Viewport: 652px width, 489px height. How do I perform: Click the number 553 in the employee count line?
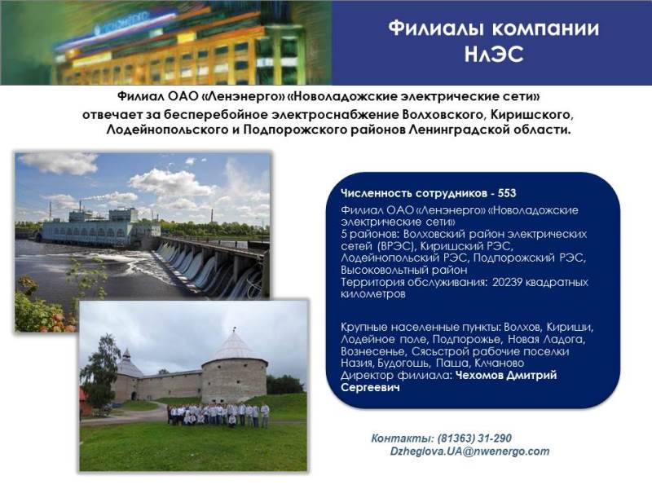507,193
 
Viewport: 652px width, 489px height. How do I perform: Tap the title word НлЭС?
494,55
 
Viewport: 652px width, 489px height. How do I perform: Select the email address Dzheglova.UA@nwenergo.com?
469,452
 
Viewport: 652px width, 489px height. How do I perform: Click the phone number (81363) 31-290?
474,438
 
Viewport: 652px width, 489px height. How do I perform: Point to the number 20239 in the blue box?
507,282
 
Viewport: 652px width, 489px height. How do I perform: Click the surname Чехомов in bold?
478,376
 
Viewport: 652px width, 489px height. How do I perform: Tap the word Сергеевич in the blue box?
370,388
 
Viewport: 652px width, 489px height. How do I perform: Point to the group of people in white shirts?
218,415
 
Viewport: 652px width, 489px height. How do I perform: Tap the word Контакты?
403,438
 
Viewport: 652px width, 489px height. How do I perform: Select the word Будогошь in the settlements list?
403,363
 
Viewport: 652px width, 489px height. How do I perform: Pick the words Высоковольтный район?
403,271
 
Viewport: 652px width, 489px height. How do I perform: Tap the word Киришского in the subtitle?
531,114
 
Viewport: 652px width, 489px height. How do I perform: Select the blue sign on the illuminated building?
121,23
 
